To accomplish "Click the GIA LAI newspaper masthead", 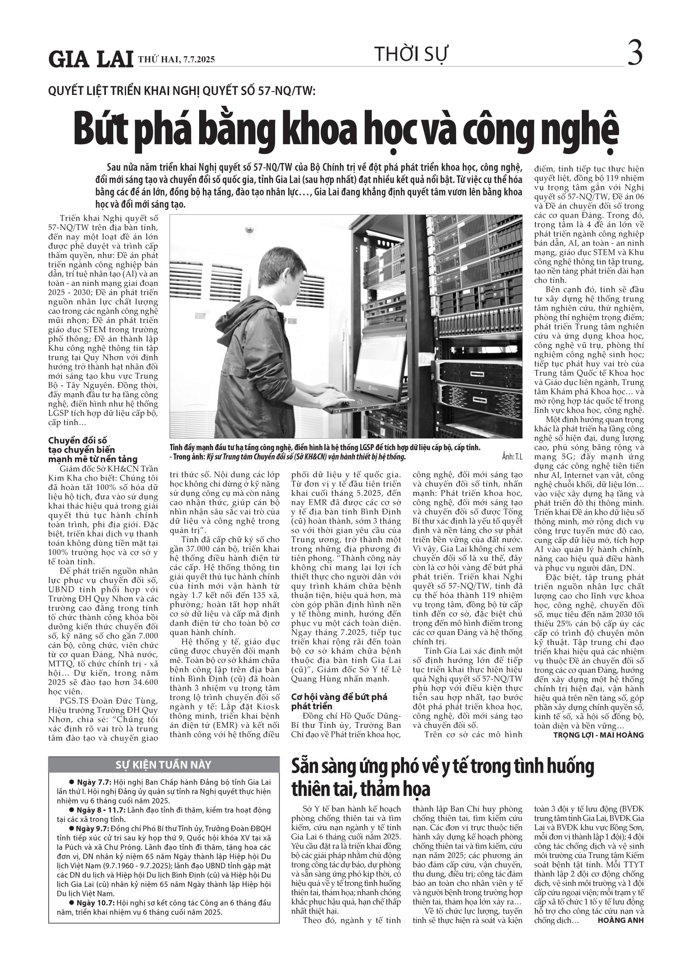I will point(91,59).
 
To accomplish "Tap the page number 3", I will point(635,53).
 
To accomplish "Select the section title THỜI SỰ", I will point(411,55).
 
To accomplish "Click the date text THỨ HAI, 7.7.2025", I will point(176,60).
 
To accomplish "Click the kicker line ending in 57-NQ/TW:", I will point(182,90).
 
